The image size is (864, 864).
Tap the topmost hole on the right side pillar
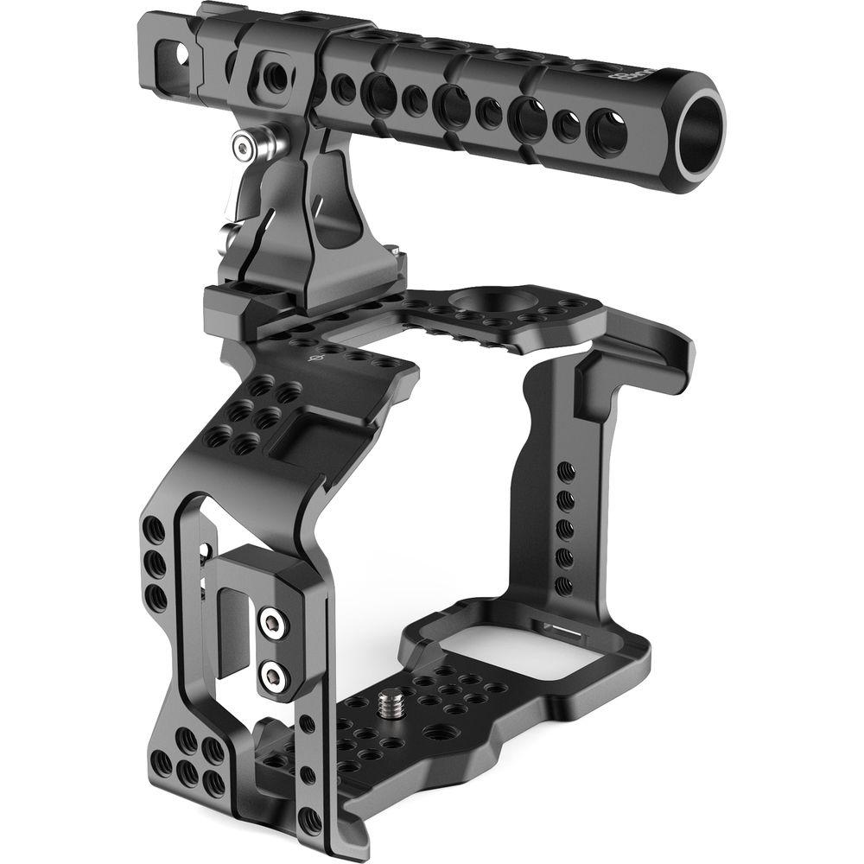point(565,471)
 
